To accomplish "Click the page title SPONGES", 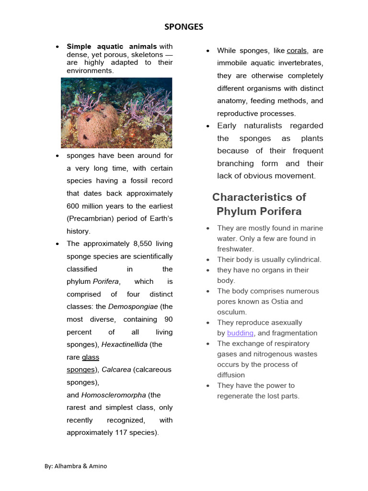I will point(184,27).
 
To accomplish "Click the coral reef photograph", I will point(116,113).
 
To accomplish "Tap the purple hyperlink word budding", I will point(241,333).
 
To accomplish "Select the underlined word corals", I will point(297,51).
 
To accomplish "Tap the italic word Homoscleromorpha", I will point(114,395).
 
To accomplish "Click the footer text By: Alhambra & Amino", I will point(76,466).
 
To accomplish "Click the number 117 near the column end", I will point(121,433).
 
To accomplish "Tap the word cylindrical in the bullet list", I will point(302,260).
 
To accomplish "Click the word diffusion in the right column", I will point(231,375).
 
